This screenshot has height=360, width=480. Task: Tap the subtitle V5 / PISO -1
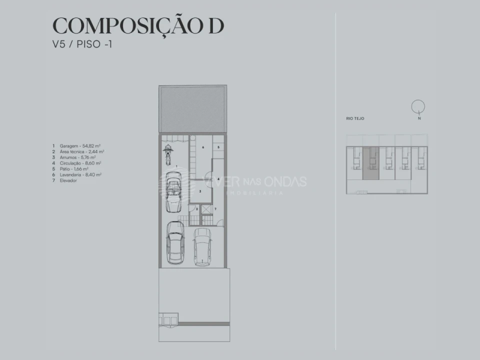point(82,44)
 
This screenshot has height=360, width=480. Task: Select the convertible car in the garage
point(173,189)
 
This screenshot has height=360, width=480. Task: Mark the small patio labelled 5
point(218,147)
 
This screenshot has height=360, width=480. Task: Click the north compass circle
point(418,107)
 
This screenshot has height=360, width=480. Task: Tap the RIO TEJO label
point(355,118)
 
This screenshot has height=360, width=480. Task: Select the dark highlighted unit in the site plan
point(370,163)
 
